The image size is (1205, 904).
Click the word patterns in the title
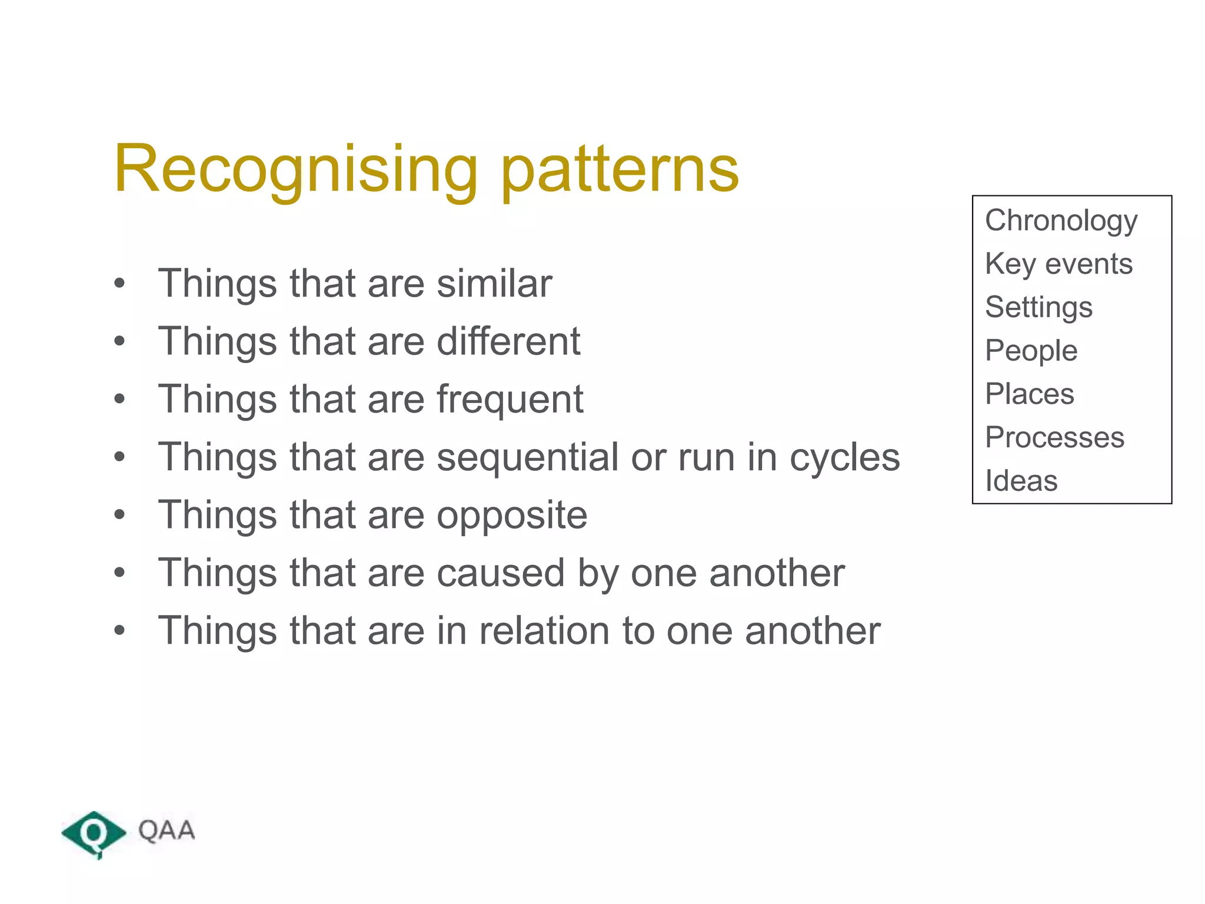(x=620, y=171)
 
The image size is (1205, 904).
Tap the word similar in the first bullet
(x=494, y=284)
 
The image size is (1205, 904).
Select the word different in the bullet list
(x=508, y=341)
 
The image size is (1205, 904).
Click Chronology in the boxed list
(x=1061, y=221)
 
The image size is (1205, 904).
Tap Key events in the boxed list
(x=1058, y=264)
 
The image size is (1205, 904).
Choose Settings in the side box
(x=1038, y=307)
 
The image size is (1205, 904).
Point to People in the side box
(x=1031, y=351)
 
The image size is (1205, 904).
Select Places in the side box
(x=1029, y=394)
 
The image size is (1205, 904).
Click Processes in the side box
(x=1054, y=437)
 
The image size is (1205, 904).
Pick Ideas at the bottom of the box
(x=1021, y=481)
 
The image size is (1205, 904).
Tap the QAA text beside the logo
(x=166, y=830)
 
